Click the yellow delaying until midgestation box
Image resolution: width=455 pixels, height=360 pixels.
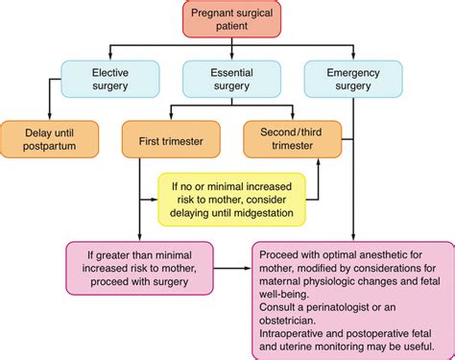pyautogui.click(x=231, y=199)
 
